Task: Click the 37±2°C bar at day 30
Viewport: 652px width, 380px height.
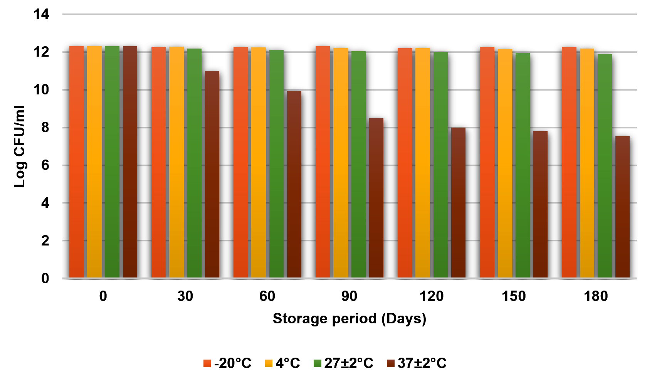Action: (x=212, y=174)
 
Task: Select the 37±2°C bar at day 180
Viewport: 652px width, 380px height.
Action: (x=622, y=207)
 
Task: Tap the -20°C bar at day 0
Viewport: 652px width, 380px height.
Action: (x=76, y=162)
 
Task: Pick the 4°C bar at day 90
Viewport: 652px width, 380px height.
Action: (x=341, y=163)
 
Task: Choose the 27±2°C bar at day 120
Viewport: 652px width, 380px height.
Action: (x=440, y=165)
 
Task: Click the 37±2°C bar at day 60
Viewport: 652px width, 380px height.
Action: (x=294, y=184)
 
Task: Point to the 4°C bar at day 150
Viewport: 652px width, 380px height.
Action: (x=505, y=163)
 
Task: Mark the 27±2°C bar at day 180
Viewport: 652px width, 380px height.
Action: (x=605, y=166)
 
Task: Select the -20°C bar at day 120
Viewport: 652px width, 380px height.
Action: (x=405, y=163)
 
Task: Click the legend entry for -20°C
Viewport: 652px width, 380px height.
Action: (x=227, y=363)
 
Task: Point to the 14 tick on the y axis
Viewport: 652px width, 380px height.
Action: (x=41, y=15)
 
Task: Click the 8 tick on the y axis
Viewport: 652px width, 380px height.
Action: (x=45, y=128)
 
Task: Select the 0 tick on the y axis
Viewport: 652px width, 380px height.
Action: (x=45, y=278)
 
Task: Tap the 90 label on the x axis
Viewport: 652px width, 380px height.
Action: (x=349, y=296)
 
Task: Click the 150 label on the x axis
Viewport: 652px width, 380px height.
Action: (x=514, y=296)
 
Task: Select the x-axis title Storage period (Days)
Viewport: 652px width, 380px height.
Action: (x=350, y=319)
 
